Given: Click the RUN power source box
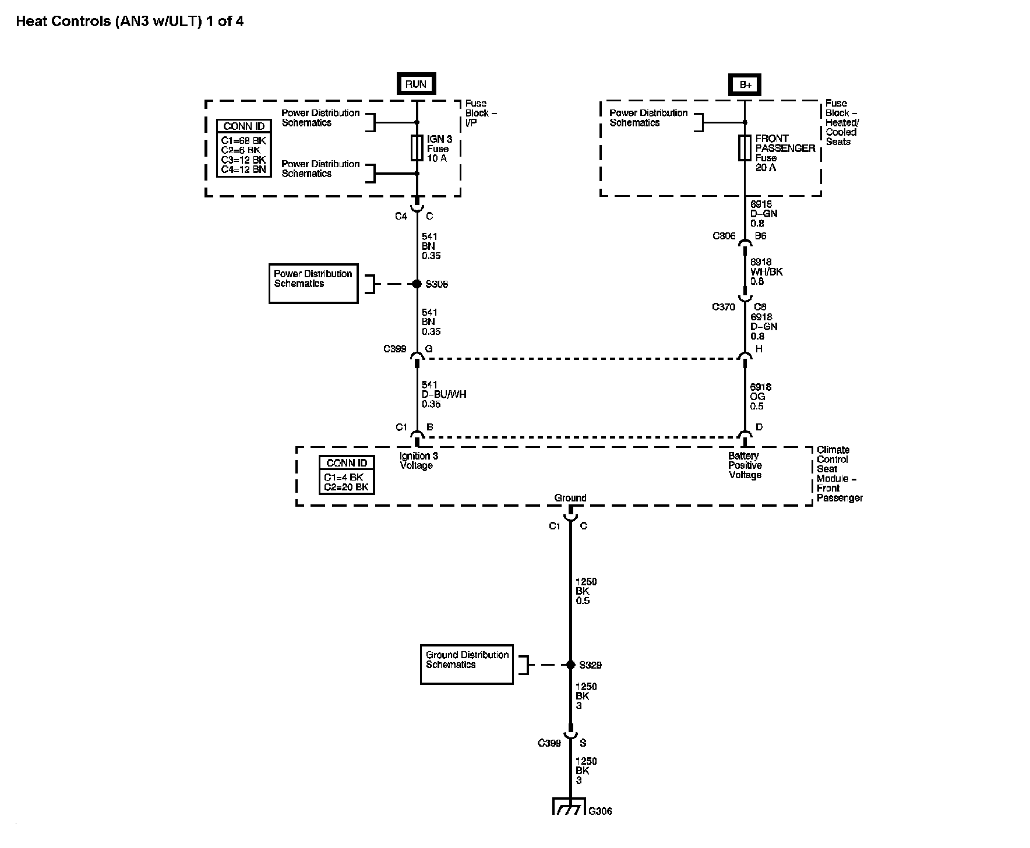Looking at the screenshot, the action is (x=416, y=84).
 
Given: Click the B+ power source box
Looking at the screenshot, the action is (x=746, y=84).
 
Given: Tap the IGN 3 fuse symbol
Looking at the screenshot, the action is (x=417, y=148).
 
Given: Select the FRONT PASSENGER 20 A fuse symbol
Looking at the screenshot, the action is (x=745, y=148).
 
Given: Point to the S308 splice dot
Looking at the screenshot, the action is (x=417, y=284).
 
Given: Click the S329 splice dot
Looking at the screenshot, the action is (x=571, y=665).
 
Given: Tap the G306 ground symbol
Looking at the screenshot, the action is (x=569, y=806).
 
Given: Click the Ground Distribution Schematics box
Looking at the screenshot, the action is (x=467, y=664).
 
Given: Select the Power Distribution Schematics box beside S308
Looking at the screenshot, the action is (x=313, y=284).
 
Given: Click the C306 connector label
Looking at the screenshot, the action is (x=724, y=236).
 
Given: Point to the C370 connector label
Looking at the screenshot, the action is (x=724, y=307).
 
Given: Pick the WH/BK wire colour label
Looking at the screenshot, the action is (x=767, y=272).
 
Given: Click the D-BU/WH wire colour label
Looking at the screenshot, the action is (x=444, y=394).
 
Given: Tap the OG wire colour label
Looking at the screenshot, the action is (x=757, y=397).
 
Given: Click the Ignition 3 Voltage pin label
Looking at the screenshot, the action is (x=416, y=461).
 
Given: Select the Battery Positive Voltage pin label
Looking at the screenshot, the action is (x=745, y=465).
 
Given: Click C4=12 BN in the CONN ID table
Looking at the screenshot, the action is (x=244, y=170).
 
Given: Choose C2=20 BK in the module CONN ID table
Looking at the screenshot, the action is (x=347, y=487).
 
